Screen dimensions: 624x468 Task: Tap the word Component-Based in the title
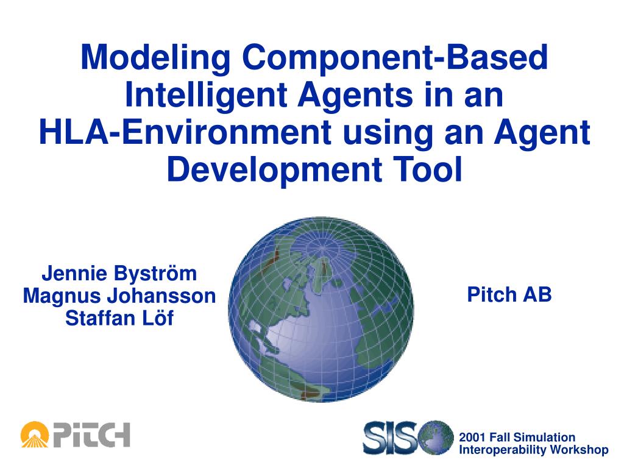tap(395, 58)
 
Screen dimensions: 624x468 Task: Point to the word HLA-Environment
tap(185, 132)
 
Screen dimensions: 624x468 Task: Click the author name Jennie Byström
tap(119, 274)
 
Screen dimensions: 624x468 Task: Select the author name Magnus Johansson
tap(119, 296)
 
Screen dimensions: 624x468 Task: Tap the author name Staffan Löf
tap(119, 318)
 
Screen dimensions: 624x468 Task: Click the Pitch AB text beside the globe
tap(509, 294)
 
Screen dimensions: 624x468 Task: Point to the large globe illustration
tap(321, 309)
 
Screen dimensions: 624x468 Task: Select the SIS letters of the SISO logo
tap(391, 438)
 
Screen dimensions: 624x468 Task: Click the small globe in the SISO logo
tap(435, 438)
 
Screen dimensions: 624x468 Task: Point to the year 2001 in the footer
tap(472, 438)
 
